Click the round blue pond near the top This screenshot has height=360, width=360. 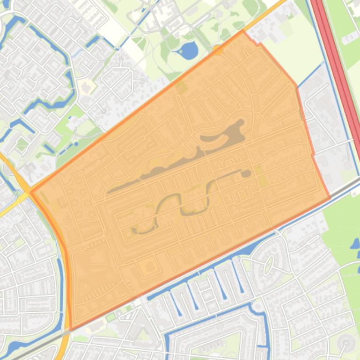click(x=189, y=50)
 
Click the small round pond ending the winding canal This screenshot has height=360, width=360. click(x=245, y=173)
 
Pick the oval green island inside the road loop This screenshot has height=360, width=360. click(x=269, y=265)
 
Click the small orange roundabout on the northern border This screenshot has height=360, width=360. click(x=217, y=49)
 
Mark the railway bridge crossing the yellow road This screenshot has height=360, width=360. click(x=68, y=330)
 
